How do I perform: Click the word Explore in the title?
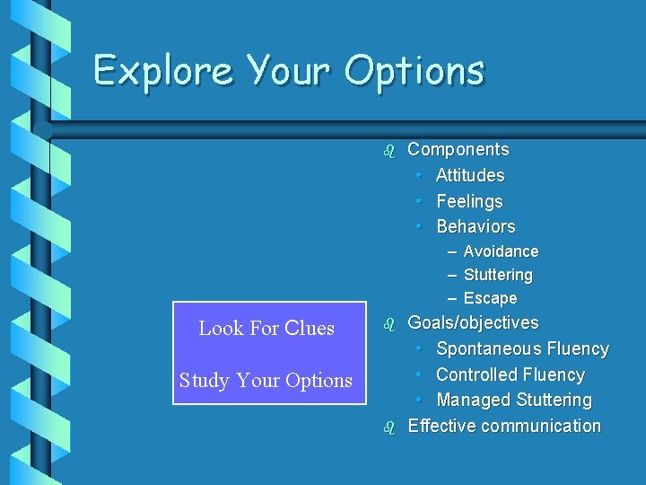click(163, 70)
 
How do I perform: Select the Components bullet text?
click(458, 150)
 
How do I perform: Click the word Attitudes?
click(470, 175)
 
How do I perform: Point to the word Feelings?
click(469, 201)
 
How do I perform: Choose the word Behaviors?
click(476, 226)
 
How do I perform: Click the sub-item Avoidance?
click(501, 251)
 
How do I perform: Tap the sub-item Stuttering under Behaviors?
click(498, 275)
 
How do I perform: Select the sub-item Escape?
click(490, 298)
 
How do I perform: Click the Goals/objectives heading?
click(473, 322)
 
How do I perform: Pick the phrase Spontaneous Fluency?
click(522, 348)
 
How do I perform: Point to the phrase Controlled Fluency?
click(510, 375)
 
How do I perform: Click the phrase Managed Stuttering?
click(514, 400)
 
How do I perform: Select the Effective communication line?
click(504, 426)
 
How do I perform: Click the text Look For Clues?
click(266, 329)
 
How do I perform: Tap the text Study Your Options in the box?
click(266, 381)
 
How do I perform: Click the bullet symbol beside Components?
click(388, 151)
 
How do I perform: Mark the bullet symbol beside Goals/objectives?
click(388, 323)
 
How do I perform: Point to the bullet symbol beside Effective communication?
click(388, 428)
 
